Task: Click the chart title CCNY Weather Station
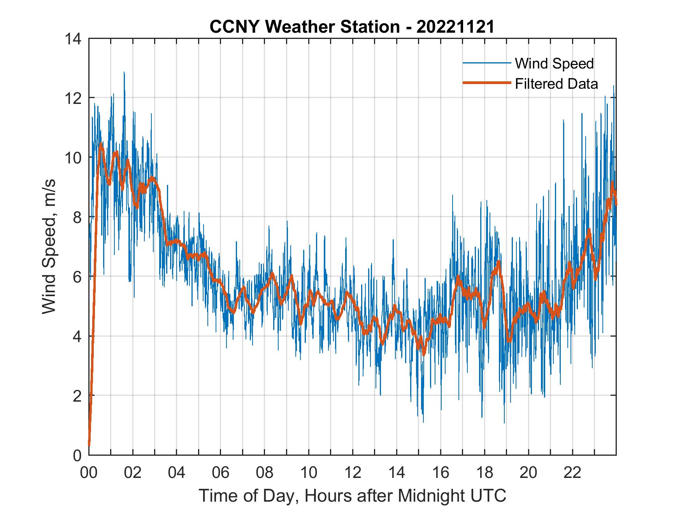(304, 27)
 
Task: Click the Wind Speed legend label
(554, 63)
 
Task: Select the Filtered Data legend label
(556, 84)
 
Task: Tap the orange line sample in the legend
(486, 83)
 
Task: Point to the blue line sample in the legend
(486, 63)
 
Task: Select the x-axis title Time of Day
(353, 496)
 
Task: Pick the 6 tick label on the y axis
(77, 277)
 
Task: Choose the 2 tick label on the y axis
(77, 396)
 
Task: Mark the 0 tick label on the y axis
(77, 455)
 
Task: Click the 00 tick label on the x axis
(89, 472)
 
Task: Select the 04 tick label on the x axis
(177, 472)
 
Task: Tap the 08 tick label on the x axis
(265, 472)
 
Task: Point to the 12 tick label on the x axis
(353, 472)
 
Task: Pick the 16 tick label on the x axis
(441, 472)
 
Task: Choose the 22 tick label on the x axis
(572, 472)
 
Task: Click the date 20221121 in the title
(455, 27)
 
